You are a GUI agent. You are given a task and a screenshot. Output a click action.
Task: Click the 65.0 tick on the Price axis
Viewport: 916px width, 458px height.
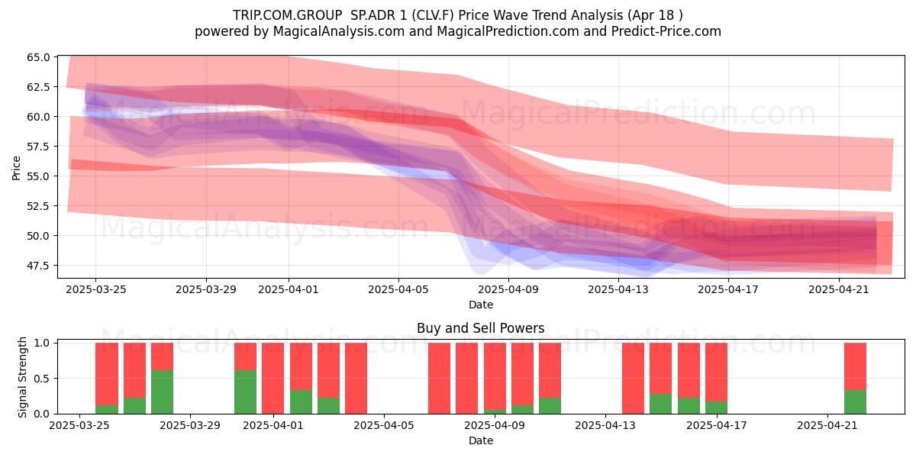(x=38, y=57)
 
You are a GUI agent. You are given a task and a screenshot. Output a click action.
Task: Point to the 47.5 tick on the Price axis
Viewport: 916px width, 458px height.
(x=38, y=266)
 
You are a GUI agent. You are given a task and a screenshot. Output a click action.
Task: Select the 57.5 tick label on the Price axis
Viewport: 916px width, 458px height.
(x=38, y=147)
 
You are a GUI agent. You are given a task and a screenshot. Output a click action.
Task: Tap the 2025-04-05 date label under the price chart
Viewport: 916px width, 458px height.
(x=398, y=289)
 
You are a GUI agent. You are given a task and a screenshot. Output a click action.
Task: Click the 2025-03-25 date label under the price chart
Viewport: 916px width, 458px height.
(x=96, y=289)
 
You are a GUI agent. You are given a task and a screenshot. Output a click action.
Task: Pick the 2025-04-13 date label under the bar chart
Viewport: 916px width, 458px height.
(x=605, y=426)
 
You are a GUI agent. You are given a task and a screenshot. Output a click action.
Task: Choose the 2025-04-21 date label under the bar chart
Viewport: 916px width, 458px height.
(x=827, y=426)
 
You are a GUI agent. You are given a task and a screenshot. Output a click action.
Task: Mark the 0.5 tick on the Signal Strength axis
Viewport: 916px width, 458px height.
(x=42, y=379)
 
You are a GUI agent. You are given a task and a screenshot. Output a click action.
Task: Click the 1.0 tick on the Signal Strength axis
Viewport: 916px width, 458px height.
(x=42, y=343)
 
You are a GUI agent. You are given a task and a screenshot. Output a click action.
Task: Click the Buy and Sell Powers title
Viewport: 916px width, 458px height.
(x=480, y=328)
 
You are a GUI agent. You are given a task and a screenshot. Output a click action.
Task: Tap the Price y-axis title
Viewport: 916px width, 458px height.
(x=16, y=168)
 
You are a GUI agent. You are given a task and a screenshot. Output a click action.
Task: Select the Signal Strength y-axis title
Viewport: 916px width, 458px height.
(x=22, y=377)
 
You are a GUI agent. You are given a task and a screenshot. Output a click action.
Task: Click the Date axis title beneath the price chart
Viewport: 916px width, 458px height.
(x=481, y=305)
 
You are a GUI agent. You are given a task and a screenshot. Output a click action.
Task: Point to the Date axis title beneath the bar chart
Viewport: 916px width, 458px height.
(x=481, y=441)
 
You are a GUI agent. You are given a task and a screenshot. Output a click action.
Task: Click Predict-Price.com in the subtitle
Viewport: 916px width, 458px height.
(x=666, y=31)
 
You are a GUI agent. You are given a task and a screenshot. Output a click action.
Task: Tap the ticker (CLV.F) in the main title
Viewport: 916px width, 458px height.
(x=433, y=15)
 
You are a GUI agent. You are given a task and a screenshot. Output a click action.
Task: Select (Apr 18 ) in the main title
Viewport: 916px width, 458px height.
(x=655, y=15)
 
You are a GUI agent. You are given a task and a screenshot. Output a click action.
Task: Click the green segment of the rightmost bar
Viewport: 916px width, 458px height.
(x=855, y=402)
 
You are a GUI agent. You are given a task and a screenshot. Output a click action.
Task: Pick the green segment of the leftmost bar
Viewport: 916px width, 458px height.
(x=107, y=409)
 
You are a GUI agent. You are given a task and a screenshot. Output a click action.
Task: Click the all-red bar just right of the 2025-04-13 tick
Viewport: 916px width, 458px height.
(x=633, y=379)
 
